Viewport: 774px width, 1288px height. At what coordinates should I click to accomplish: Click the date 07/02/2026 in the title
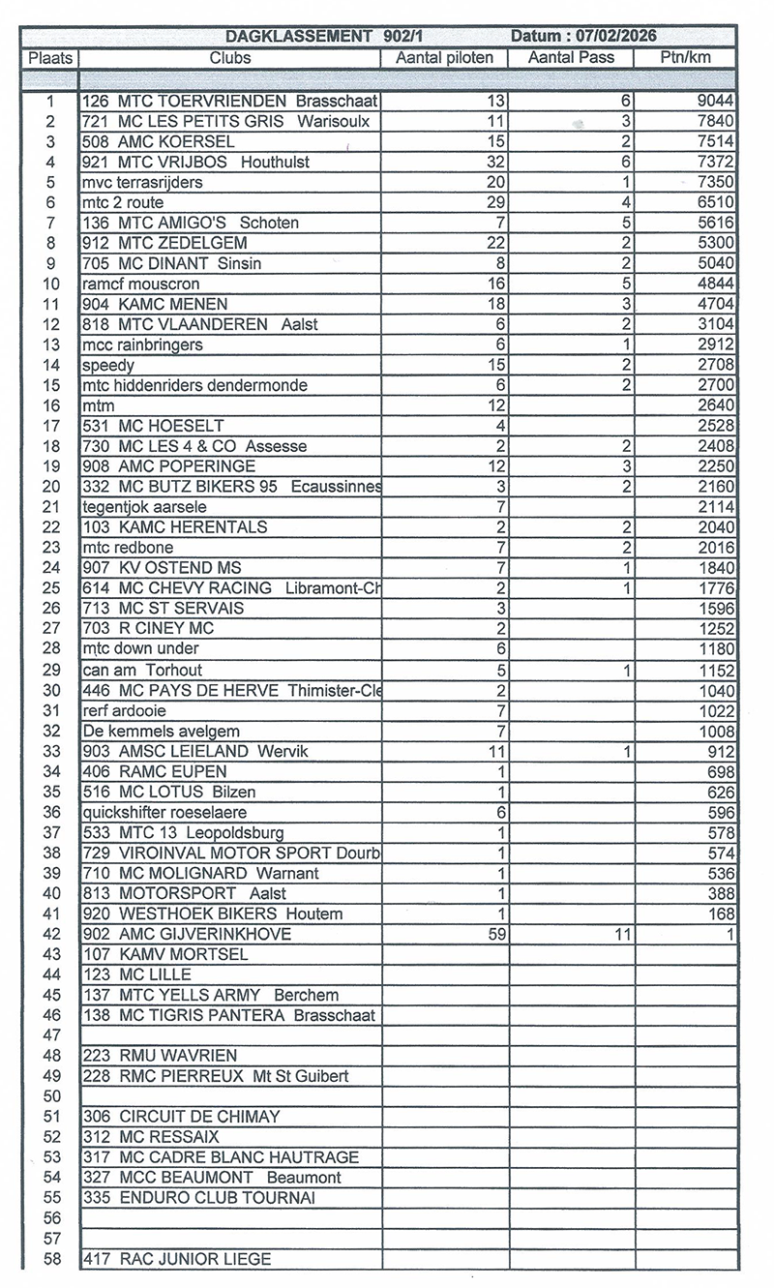616,36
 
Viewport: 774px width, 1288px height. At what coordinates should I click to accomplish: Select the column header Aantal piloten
444,57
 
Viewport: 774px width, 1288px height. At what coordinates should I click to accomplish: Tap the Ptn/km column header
684,57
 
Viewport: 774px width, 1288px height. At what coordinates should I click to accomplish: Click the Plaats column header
50,57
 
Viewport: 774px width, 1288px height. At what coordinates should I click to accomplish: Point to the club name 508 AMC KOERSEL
159,141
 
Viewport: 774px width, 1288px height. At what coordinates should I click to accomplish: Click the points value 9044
715,101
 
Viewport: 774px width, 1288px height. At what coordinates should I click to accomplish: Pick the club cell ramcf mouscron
141,284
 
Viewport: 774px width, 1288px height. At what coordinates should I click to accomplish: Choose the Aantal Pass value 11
622,934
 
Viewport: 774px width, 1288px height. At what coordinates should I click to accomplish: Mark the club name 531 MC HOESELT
154,426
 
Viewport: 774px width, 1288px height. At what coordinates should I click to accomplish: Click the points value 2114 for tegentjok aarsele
715,507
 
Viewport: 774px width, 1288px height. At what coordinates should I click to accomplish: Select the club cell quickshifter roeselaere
164,812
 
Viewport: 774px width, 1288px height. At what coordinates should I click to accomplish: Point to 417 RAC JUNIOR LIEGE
177,1259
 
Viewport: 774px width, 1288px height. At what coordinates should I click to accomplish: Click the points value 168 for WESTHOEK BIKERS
720,914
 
